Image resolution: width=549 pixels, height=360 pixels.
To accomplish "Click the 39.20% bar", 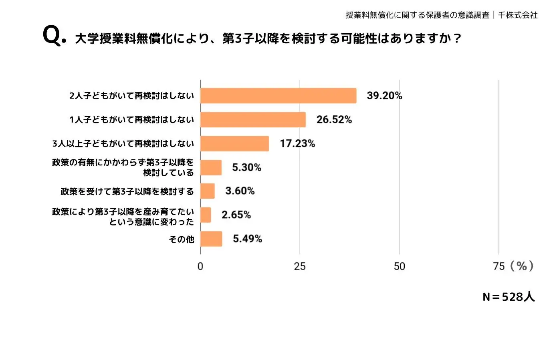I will click(278, 96).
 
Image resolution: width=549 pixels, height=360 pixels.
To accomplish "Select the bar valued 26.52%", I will click(253, 120).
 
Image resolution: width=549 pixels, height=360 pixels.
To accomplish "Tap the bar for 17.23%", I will click(234, 143).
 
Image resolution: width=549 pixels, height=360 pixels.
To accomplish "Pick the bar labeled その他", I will click(211, 239).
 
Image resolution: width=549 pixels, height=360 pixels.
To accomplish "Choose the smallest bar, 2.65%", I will click(206, 215).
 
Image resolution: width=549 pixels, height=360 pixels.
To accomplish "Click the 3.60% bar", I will click(208, 191).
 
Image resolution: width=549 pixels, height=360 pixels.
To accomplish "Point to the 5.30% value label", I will click(246, 167).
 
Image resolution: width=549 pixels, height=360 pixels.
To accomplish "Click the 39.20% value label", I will click(384, 96).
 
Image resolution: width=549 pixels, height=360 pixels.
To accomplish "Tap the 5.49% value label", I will click(247, 239).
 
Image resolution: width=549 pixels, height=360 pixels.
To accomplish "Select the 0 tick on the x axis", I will click(200, 266).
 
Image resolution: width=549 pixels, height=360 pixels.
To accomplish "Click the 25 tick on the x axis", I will click(300, 266).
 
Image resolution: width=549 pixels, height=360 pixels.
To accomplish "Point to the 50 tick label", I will click(399, 266).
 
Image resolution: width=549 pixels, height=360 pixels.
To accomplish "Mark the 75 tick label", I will click(499, 266).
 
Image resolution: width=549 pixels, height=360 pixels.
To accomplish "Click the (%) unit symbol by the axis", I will click(522, 266).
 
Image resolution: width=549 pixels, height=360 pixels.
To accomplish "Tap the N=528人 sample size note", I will click(509, 297).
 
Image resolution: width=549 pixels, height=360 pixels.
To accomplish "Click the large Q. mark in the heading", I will click(54, 36).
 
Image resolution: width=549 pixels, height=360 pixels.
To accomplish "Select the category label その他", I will click(182, 239).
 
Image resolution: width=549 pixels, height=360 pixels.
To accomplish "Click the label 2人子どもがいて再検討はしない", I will click(131, 96).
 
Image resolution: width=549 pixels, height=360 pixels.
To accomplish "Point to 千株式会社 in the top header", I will click(517, 15).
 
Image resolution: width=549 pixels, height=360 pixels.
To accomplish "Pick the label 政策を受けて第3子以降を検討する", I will click(127, 191).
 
